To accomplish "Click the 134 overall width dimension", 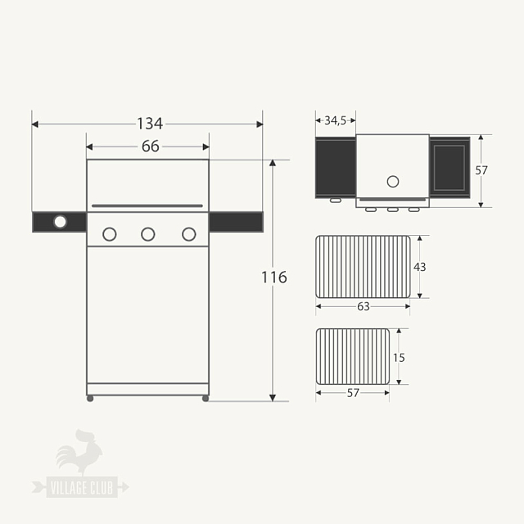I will (x=149, y=124).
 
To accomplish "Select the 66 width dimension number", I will (x=150, y=147).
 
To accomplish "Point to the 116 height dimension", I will (x=273, y=278).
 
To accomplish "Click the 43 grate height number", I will (x=419, y=267).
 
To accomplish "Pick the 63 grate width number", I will (x=363, y=306).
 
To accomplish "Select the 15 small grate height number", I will (x=399, y=357).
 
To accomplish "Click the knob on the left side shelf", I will (x=60, y=222).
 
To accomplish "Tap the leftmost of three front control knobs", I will (x=109, y=234).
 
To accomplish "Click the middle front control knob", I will (x=147, y=234).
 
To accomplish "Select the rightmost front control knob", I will (x=188, y=234).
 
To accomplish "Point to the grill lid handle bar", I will (x=147, y=206).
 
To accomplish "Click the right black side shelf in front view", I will (x=236, y=222).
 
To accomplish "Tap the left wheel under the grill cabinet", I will (x=90, y=399).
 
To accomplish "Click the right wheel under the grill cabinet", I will (x=205, y=399).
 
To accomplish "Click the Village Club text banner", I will (x=80, y=487).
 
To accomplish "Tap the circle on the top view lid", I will (x=392, y=181).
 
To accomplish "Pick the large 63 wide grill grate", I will (x=363, y=267).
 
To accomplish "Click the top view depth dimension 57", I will (x=481, y=170).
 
